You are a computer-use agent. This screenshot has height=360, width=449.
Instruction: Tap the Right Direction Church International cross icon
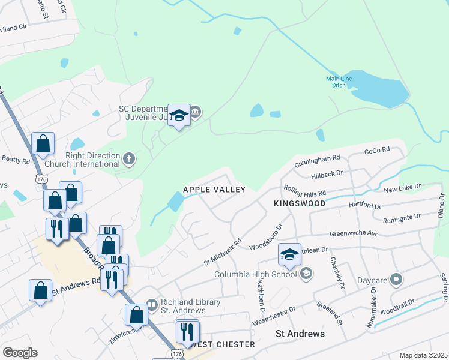[128, 159]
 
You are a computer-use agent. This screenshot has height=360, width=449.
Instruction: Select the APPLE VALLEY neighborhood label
[214, 190]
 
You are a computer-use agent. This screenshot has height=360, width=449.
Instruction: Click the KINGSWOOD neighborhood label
[300, 203]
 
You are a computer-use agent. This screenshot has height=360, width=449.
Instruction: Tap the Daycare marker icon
[396, 280]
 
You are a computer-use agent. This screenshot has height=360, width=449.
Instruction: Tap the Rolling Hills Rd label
[305, 191]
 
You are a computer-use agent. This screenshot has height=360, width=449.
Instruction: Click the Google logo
[20, 353]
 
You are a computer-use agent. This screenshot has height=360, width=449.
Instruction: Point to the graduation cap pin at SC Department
[179, 115]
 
